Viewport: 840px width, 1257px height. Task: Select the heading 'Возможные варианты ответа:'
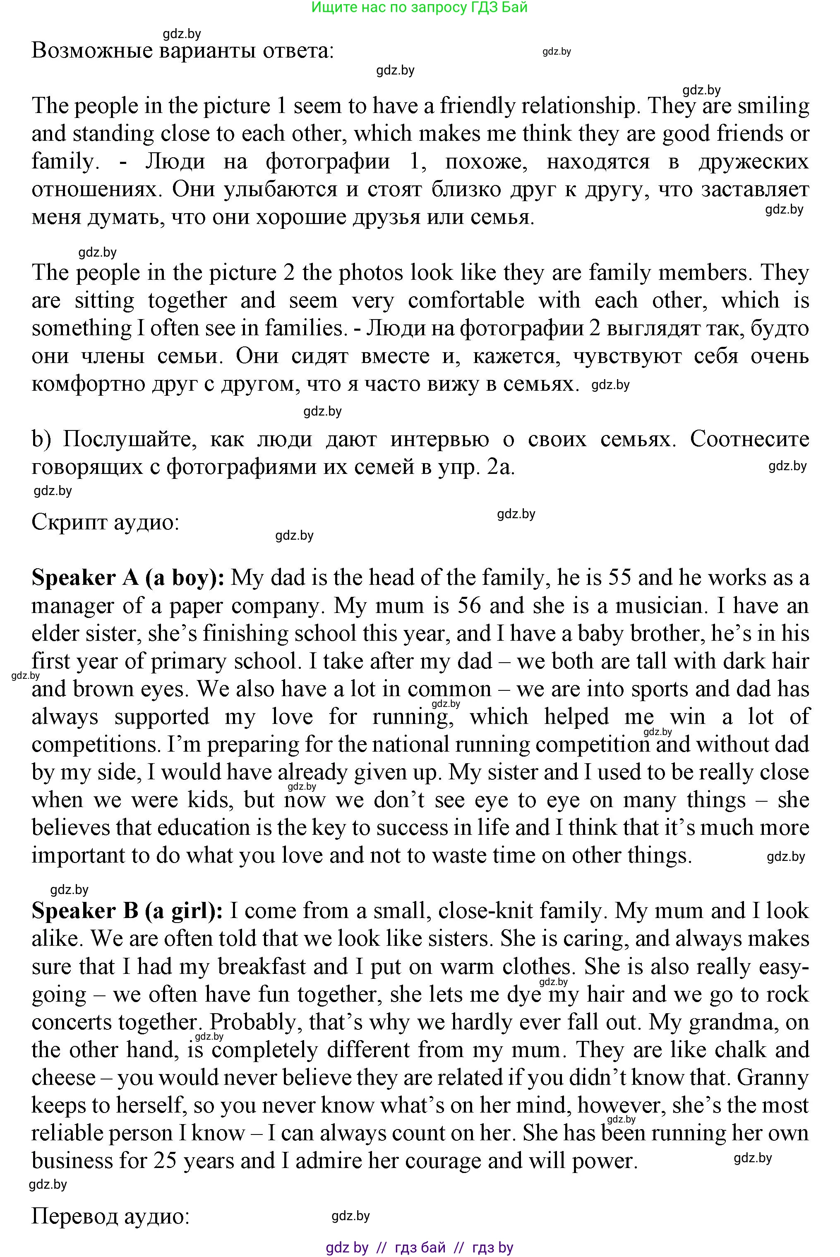[x=182, y=51]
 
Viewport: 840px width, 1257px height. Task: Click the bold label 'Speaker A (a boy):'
[x=128, y=578]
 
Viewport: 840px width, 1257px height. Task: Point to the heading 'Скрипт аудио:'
[x=105, y=522]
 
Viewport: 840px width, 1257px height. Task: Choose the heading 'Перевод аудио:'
[x=110, y=1216]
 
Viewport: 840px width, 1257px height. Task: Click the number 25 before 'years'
[x=166, y=1161]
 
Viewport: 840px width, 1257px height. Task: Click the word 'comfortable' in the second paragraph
[x=466, y=300]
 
